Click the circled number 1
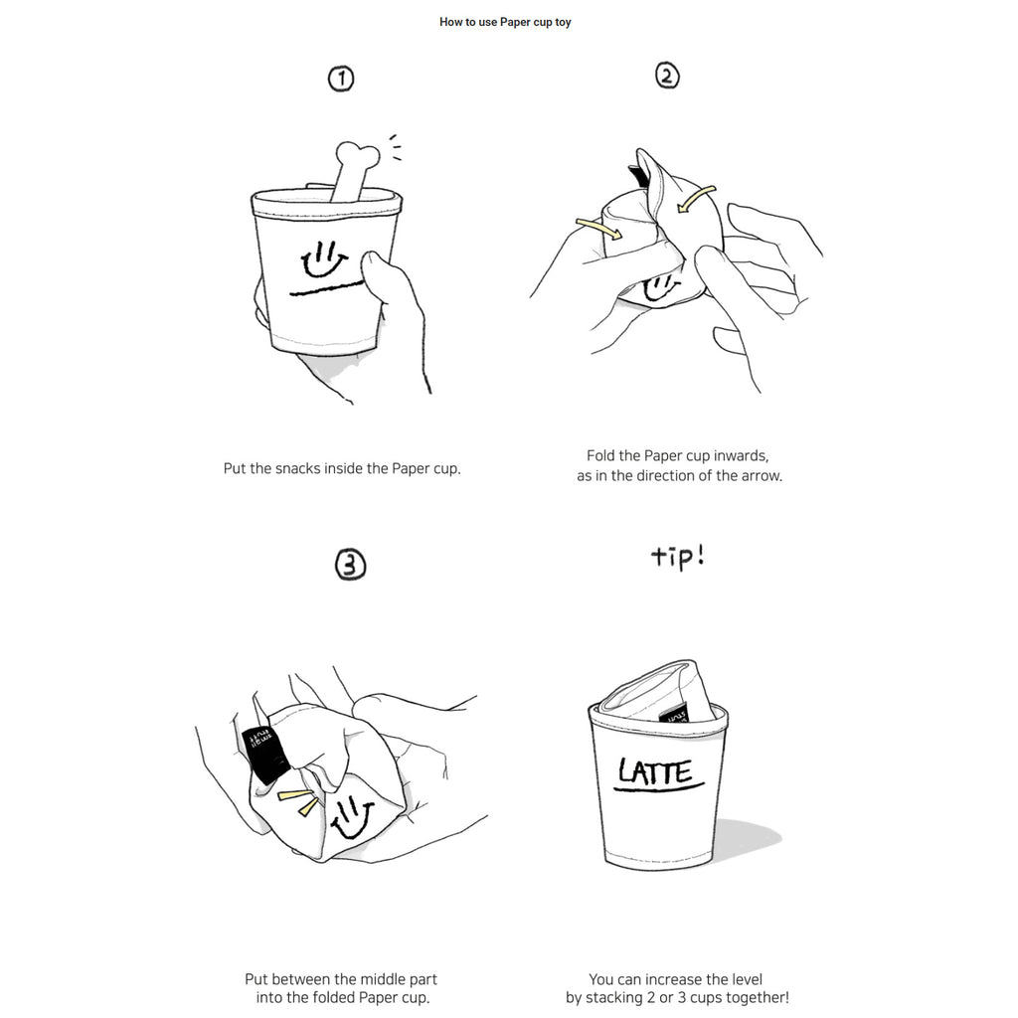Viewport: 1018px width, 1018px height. (341, 79)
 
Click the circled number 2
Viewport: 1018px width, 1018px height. (667, 76)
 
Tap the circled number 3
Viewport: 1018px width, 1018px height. (351, 565)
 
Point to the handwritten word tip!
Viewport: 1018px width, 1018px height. (678, 557)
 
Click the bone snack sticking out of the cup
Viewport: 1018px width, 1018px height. (354, 170)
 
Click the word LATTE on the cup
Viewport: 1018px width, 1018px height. (655, 771)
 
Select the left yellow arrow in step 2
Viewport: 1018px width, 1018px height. (598, 228)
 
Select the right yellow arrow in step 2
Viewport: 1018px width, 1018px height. (695, 198)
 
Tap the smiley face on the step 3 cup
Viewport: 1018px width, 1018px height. (352, 817)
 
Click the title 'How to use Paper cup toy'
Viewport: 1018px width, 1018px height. (505, 22)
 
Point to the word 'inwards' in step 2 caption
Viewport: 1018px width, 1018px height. (741, 455)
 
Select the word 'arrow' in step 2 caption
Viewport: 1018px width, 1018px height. (761, 476)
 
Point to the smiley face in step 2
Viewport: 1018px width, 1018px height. (660, 287)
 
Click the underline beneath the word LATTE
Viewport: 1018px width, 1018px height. (659, 788)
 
